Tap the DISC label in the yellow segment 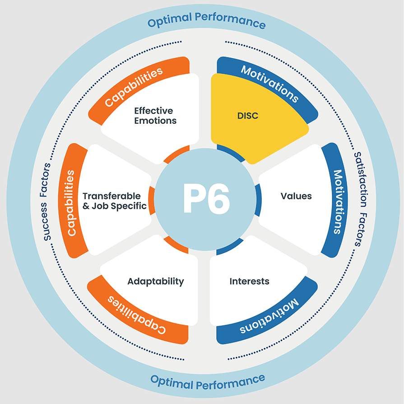[x=247, y=116]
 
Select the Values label [x=296, y=196]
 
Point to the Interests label [x=249, y=281]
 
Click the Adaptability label [x=156, y=281]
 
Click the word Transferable [x=111, y=196]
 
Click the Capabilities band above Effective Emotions [x=134, y=87]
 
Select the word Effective [x=153, y=111]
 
